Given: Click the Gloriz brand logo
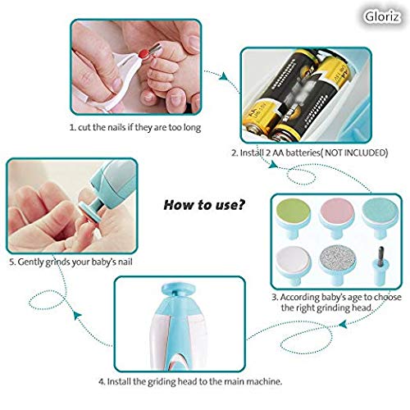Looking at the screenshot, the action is point(382,16).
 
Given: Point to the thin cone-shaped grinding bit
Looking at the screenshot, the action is point(380,265).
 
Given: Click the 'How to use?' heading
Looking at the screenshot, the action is point(204,205).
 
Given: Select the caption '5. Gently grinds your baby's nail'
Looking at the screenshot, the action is point(71,262).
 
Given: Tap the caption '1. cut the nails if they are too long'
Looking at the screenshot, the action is point(135,127).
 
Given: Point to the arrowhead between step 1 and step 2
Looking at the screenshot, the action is point(224,76).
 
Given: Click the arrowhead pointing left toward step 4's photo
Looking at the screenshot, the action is point(344,324).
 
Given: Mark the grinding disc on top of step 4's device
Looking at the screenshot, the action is point(180,289).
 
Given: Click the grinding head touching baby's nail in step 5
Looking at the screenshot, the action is point(89,208).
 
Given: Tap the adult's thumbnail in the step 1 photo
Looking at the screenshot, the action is point(194,43).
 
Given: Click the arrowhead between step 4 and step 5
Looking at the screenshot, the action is point(78,316).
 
